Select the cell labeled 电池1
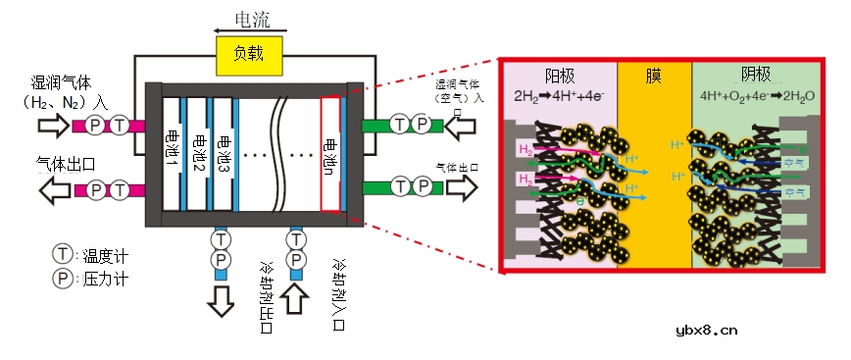point(172,148)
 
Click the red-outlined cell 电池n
point(329,153)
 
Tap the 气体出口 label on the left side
point(66,164)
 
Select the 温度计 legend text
point(106,256)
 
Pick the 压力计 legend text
point(106,280)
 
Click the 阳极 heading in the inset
point(561,76)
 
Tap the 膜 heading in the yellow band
point(654,77)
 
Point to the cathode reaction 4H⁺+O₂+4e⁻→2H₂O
point(755,96)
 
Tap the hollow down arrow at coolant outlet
point(222,299)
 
